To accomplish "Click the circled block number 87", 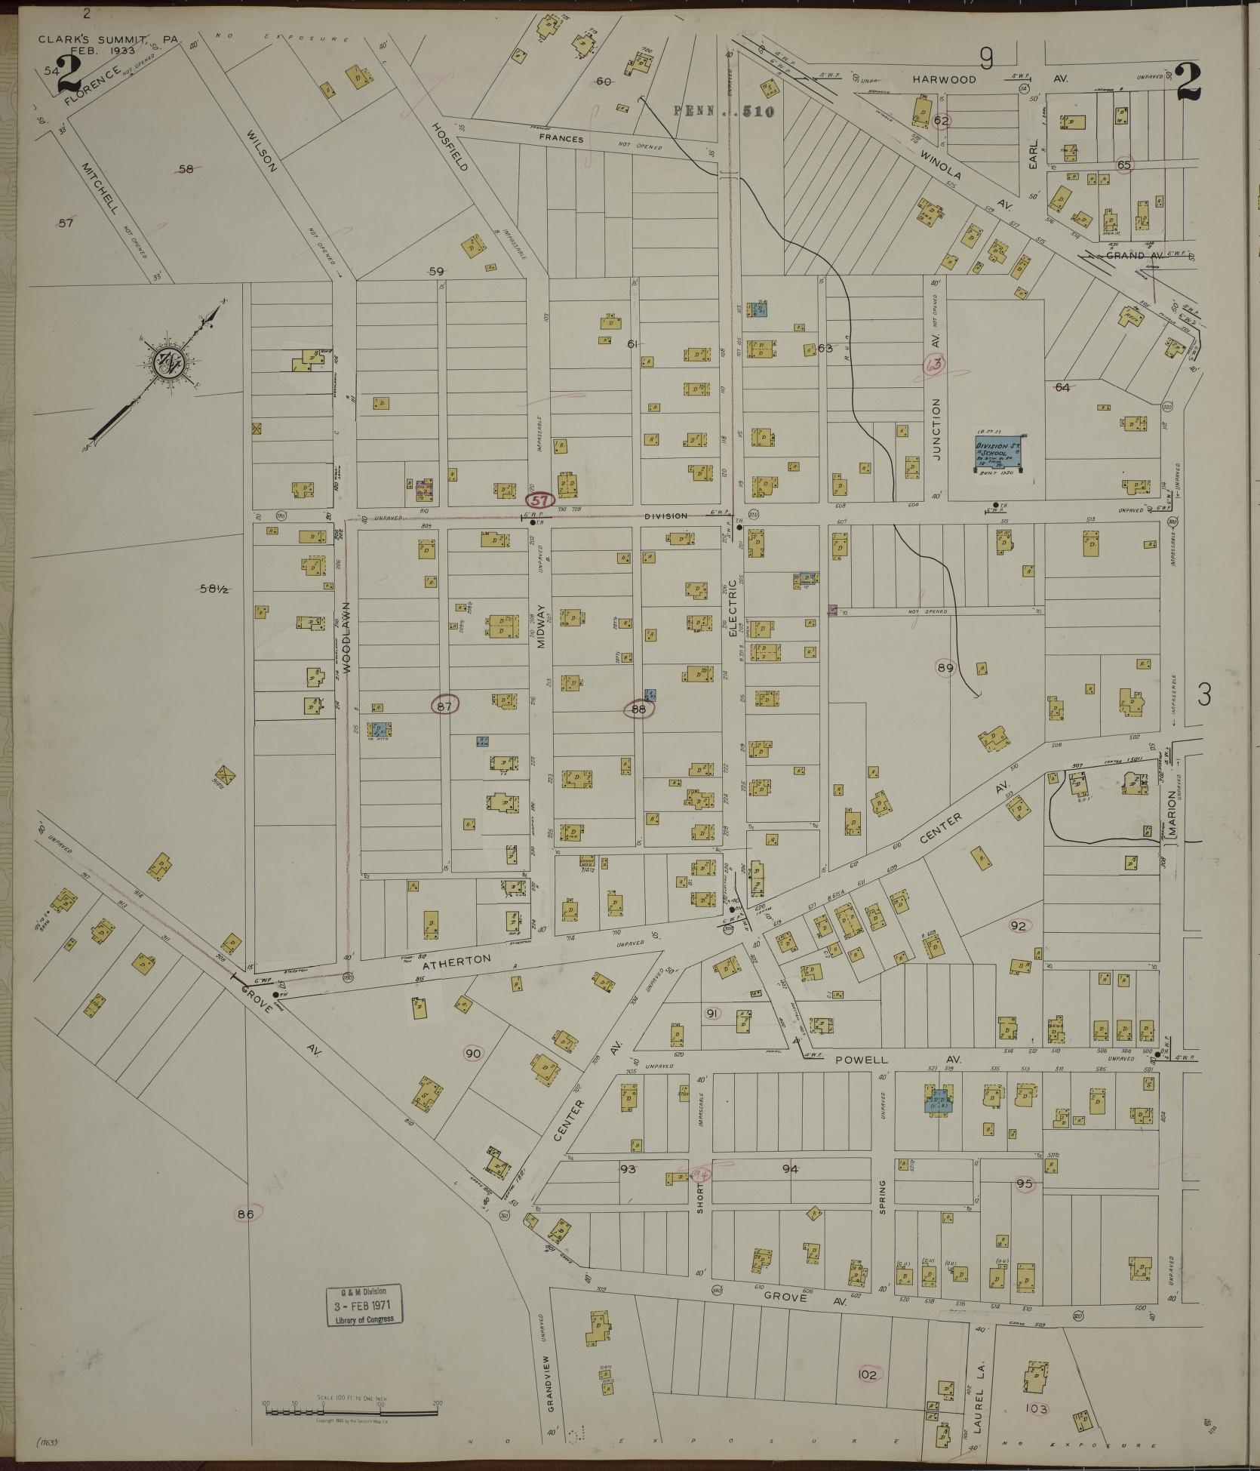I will tap(445, 705).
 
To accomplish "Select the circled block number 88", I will tap(638, 709).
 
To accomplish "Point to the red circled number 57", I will tap(539, 500).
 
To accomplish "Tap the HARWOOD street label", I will tap(943, 79).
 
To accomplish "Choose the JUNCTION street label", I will tap(936, 429).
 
